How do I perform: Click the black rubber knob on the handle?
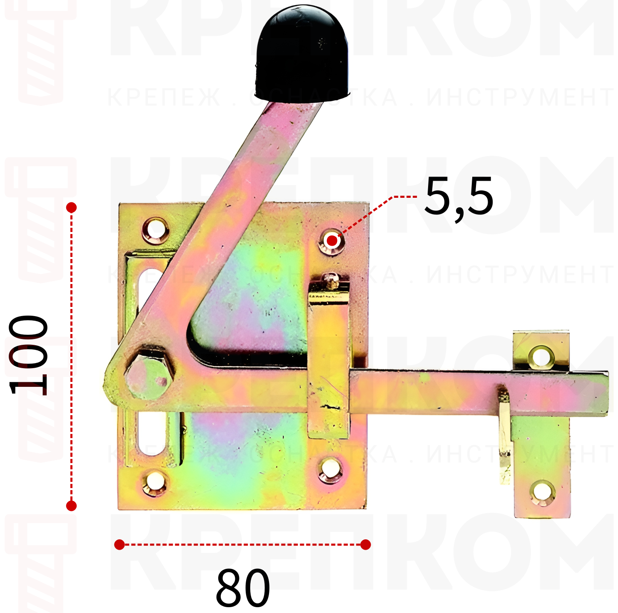[x=302, y=54]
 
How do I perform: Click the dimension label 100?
[x=28, y=355]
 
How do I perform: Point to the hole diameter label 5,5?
[x=459, y=196]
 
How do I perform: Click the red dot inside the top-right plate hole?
[x=332, y=241]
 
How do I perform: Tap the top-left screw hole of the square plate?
[x=156, y=230]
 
